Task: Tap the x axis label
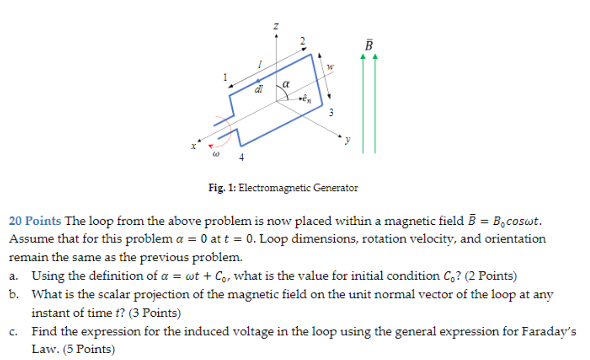coord(193,145)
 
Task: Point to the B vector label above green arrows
coord(369,46)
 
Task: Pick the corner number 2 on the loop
coord(302,41)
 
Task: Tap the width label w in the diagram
coord(330,67)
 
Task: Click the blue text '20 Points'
coord(35,221)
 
